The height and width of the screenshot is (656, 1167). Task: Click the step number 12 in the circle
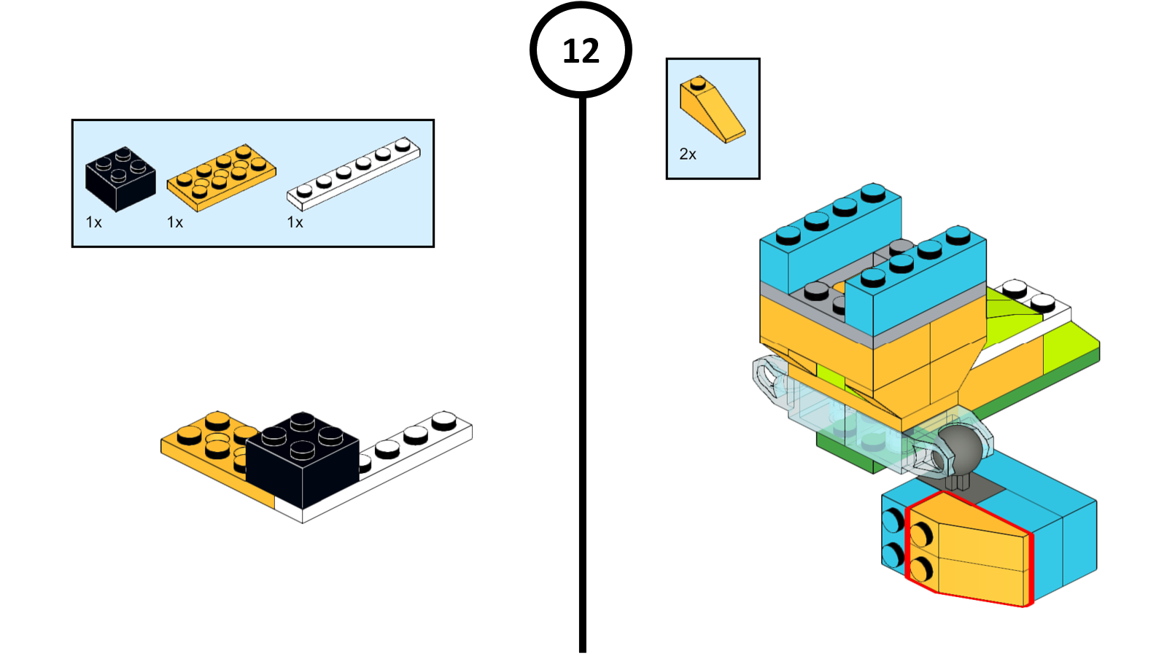pyautogui.click(x=581, y=51)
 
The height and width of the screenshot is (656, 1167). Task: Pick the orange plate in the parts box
pyautogui.click(x=221, y=176)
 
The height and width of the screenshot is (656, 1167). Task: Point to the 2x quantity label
pyautogui.click(x=687, y=155)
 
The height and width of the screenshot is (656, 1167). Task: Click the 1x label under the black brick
pyautogui.click(x=93, y=222)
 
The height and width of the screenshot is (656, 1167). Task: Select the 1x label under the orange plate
pyautogui.click(x=174, y=222)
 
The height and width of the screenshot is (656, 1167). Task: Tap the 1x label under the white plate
pyautogui.click(x=295, y=222)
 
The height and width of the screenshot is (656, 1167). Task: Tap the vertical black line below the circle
pyautogui.click(x=582, y=364)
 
